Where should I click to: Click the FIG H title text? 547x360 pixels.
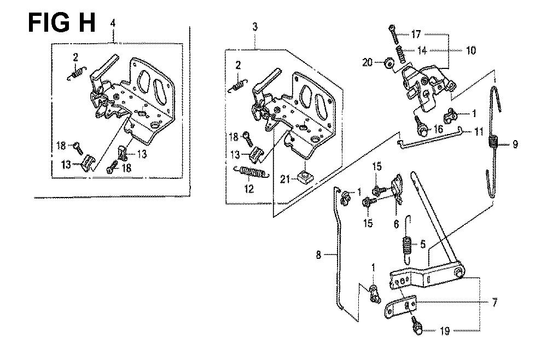tap(61, 22)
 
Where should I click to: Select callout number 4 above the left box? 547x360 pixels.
tap(113, 24)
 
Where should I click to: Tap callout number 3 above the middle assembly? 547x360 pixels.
tap(255, 26)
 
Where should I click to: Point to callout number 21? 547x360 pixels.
tap(285, 179)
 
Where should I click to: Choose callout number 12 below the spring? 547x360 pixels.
tap(249, 189)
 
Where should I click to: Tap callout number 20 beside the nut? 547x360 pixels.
tap(368, 63)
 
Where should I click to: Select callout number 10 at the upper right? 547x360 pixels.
tap(471, 50)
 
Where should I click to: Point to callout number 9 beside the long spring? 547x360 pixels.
tap(515, 144)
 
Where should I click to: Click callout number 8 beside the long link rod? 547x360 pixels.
tap(318, 254)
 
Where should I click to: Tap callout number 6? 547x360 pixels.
tap(396, 224)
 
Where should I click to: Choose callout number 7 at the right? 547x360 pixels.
tap(494, 303)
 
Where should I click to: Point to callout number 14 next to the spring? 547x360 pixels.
tap(422, 50)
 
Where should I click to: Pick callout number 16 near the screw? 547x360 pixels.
tap(438, 129)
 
